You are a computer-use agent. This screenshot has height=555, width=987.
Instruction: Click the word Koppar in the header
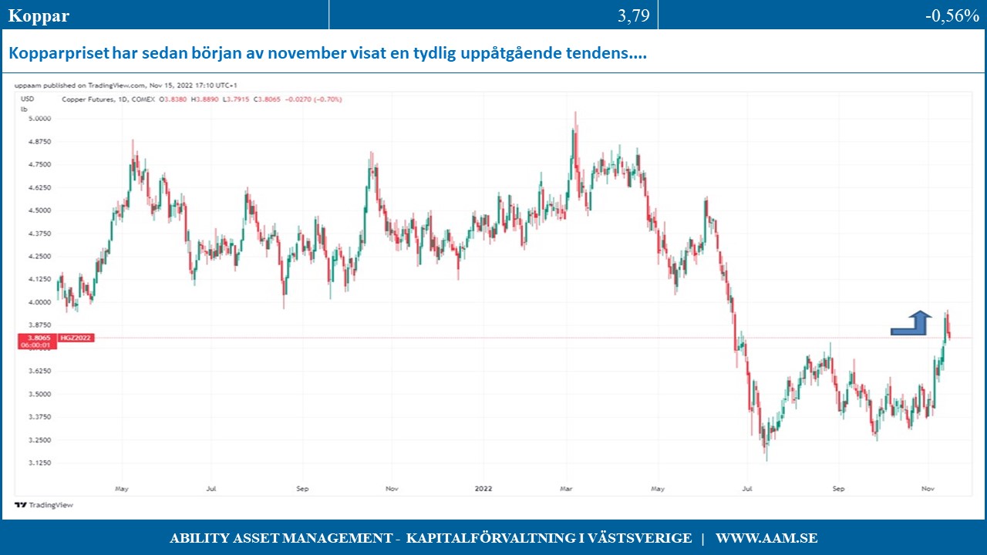39,16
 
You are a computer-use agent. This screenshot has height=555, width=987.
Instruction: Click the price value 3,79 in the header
633,16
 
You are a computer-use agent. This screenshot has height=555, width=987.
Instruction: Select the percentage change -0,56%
952,16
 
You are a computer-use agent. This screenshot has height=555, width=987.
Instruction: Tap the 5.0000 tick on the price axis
38,118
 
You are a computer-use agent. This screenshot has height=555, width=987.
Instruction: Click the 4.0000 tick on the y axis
38,302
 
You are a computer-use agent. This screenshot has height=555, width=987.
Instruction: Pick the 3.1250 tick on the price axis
38,462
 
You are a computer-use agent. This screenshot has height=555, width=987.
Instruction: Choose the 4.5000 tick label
38,210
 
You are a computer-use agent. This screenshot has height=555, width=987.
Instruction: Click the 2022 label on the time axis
483,488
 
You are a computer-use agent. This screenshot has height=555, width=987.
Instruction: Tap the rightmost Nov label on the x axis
928,488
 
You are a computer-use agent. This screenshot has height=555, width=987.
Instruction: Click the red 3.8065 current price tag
37,338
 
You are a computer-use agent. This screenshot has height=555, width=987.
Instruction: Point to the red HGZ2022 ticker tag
76,338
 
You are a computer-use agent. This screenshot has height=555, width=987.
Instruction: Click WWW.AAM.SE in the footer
766,538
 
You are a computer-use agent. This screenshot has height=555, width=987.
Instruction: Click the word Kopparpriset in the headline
59,54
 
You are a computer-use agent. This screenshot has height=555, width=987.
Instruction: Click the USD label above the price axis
28,99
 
